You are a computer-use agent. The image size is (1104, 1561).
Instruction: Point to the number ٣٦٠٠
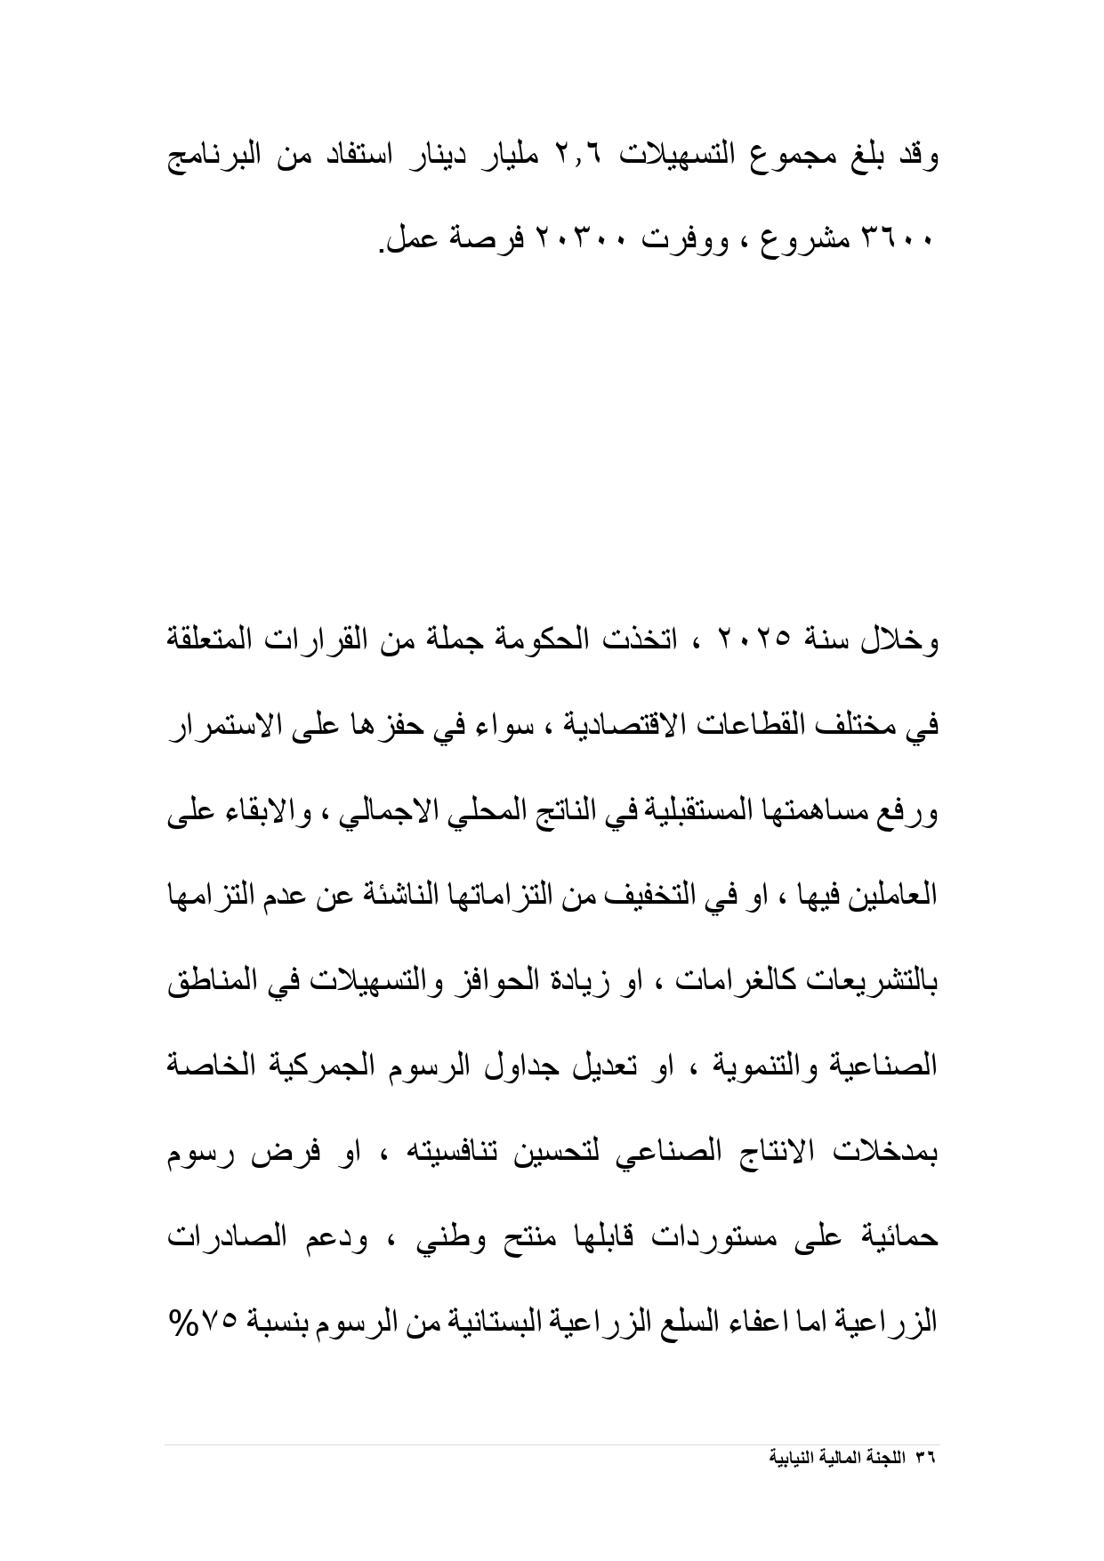[898, 239]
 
